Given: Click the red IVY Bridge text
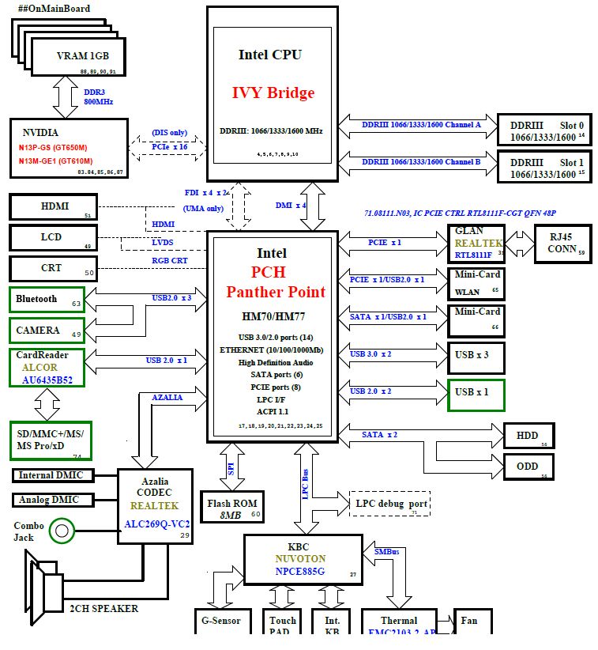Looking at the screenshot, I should pyautogui.click(x=273, y=93).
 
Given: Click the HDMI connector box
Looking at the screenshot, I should pyautogui.click(x=52, y=206).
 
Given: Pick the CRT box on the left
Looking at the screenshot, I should pyautogui.click(x=52, y=268).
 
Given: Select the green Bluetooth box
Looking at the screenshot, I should pyautogui.click(x=47, y=300).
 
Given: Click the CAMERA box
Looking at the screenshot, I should pyautogui.click(x=47, y=330).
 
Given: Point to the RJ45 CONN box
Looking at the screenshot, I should pyautogui.click(x=562, y=243).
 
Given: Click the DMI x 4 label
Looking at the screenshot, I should pyautogui.click(x=291, y=206).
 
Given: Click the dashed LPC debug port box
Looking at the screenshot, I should pyautogui.click(x=389, y=504).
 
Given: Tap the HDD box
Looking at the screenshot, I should pyautogui.click(x=528, y=436).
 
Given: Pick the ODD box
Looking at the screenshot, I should pyautogui.click(x=528, y=466).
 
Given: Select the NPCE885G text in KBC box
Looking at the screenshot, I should pyautogui.click(x=299, y=571).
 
